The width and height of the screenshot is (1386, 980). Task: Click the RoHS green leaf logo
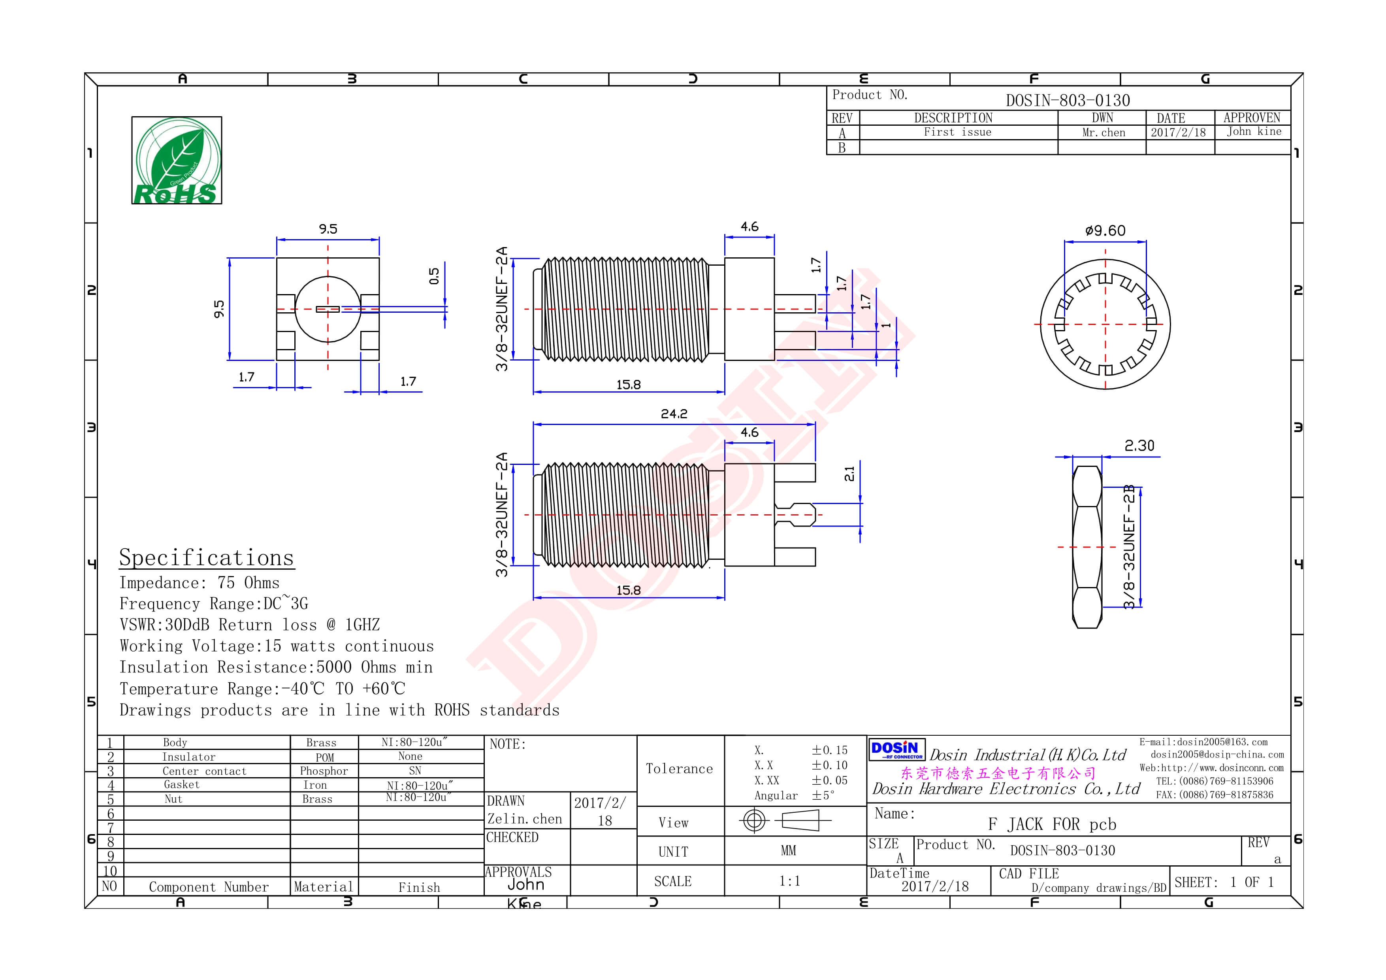(x=176, y=161)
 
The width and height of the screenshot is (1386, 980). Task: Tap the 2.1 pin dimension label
(x=849, y=474)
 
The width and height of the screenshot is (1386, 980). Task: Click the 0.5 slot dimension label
(x=434, y=277)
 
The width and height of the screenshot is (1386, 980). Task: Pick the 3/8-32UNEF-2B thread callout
(x=1129, y=546)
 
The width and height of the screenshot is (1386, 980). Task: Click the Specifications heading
(x=207, y=557)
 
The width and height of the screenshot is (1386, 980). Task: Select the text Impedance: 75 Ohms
(x=199, y=583)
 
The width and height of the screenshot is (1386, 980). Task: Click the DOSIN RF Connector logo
(x=896, y=750)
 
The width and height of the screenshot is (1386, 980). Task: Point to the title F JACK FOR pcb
(x=1052, y=824)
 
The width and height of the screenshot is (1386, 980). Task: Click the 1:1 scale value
(x=789, y=881)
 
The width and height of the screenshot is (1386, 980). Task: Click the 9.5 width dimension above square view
(x=328, y=229)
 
